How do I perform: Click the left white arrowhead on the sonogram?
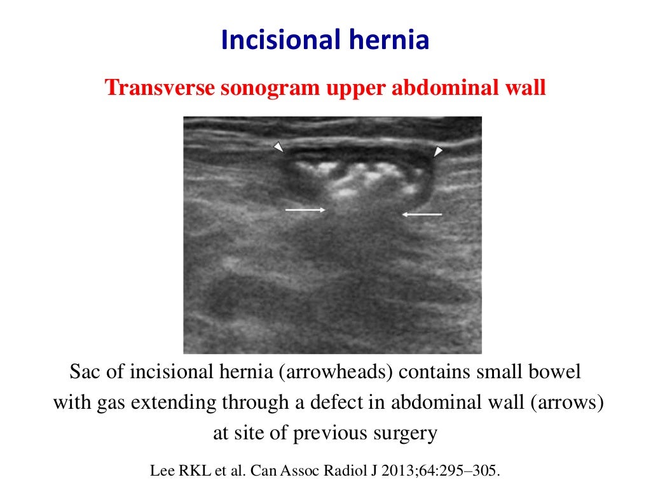pos(278,147)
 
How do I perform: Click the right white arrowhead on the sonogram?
pos(438,151)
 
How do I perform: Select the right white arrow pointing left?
pos(422,215)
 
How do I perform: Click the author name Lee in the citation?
pos(159,472)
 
